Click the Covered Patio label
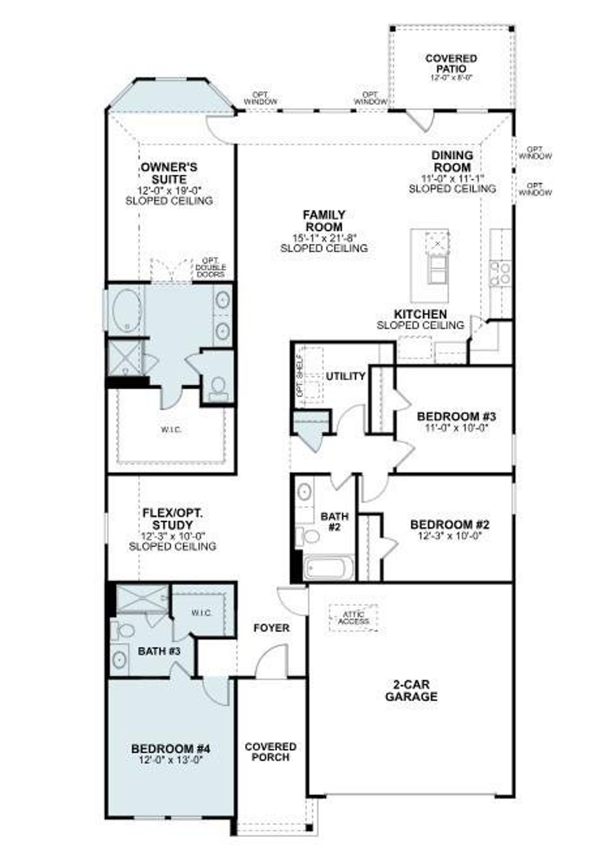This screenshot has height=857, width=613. [x=451, y=63]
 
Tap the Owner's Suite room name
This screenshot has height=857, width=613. [x=169, y=173]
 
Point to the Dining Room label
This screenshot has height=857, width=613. [x=452, y=161]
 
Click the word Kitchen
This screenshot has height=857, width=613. [x=420, y=314]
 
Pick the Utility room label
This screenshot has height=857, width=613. [x=345, y=376]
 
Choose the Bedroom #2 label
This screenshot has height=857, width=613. [x=449, y=525]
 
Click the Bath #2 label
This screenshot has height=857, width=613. [x=334, y=522]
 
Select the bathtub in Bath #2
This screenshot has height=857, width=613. [x=329, y=568]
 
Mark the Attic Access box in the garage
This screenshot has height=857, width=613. [x=354, y=618]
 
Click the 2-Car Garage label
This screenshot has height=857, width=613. [x=411, y=690]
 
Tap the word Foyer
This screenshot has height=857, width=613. [x=271, y=628]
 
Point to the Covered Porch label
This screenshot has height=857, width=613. [x=271, y=752]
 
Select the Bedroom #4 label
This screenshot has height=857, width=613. [x=170, y=748]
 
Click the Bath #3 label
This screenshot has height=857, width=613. [x=159, y=651]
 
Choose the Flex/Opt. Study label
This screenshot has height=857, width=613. [x=172, y=519]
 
